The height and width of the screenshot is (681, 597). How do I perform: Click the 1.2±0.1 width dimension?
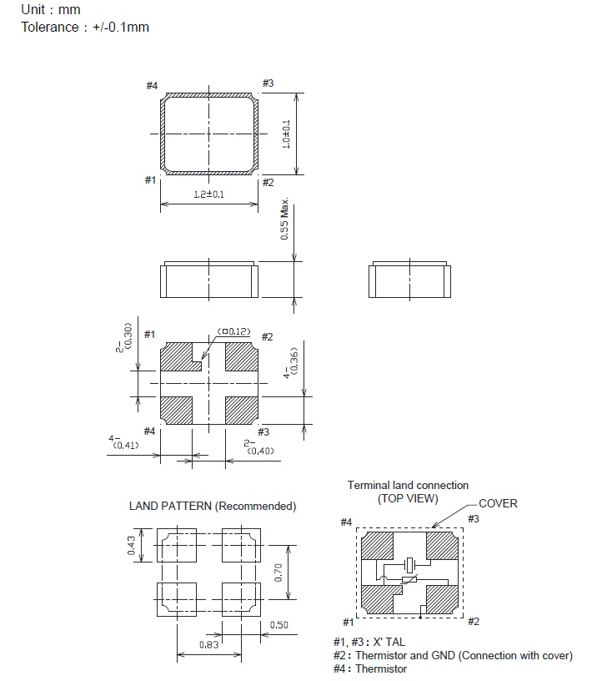pyautogui.click(x=208, y=194)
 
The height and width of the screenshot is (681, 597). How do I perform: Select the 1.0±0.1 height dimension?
pyautogui.click(x=286, y=134)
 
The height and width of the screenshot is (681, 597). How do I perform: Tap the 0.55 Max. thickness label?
pyautogui.click(x=284, y=219)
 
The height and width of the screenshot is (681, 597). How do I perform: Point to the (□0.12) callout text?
pyautogui.click(x=233, y=332)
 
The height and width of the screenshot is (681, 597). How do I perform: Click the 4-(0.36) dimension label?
pyautogui.click(x=291, y=363)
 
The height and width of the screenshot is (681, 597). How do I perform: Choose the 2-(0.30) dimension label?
pyautogui.click(x=123, y=337)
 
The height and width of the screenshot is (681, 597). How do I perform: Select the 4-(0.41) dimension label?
pyautogui.click(x=123, y=442)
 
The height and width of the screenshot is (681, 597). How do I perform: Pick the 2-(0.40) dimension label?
pyautogui.click(x=258, y=447)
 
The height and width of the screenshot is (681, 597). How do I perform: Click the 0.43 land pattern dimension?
pyautogui.click(x=132, y=546)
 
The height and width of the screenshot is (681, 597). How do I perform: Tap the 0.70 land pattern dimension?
pyautogui.click(x=278, y=573)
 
